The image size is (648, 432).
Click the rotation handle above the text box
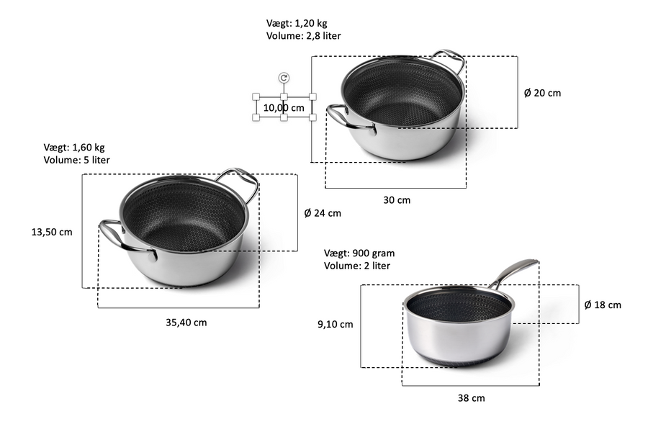pyautogui.click(x=284, y=78)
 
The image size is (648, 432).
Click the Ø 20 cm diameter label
pyautogui.click(x=542, y=93)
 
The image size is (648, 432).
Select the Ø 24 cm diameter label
pyautogui.click(x=323, y=213)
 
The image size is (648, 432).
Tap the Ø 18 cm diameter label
pyautogui.click(x=603, y=305)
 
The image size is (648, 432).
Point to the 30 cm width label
pyautogui.click(x=397, y=200)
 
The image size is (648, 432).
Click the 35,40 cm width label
pyautogui.click(x=186, y=323)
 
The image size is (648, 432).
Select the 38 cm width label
pyautogui.click(x=471, y=398)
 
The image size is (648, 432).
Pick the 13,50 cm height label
pyautogui.click(x=52, y=232)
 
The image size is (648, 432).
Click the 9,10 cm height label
pyautogui.click(x=335, y=324)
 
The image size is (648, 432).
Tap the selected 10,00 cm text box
pyautogui.click(x=284, y=107)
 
